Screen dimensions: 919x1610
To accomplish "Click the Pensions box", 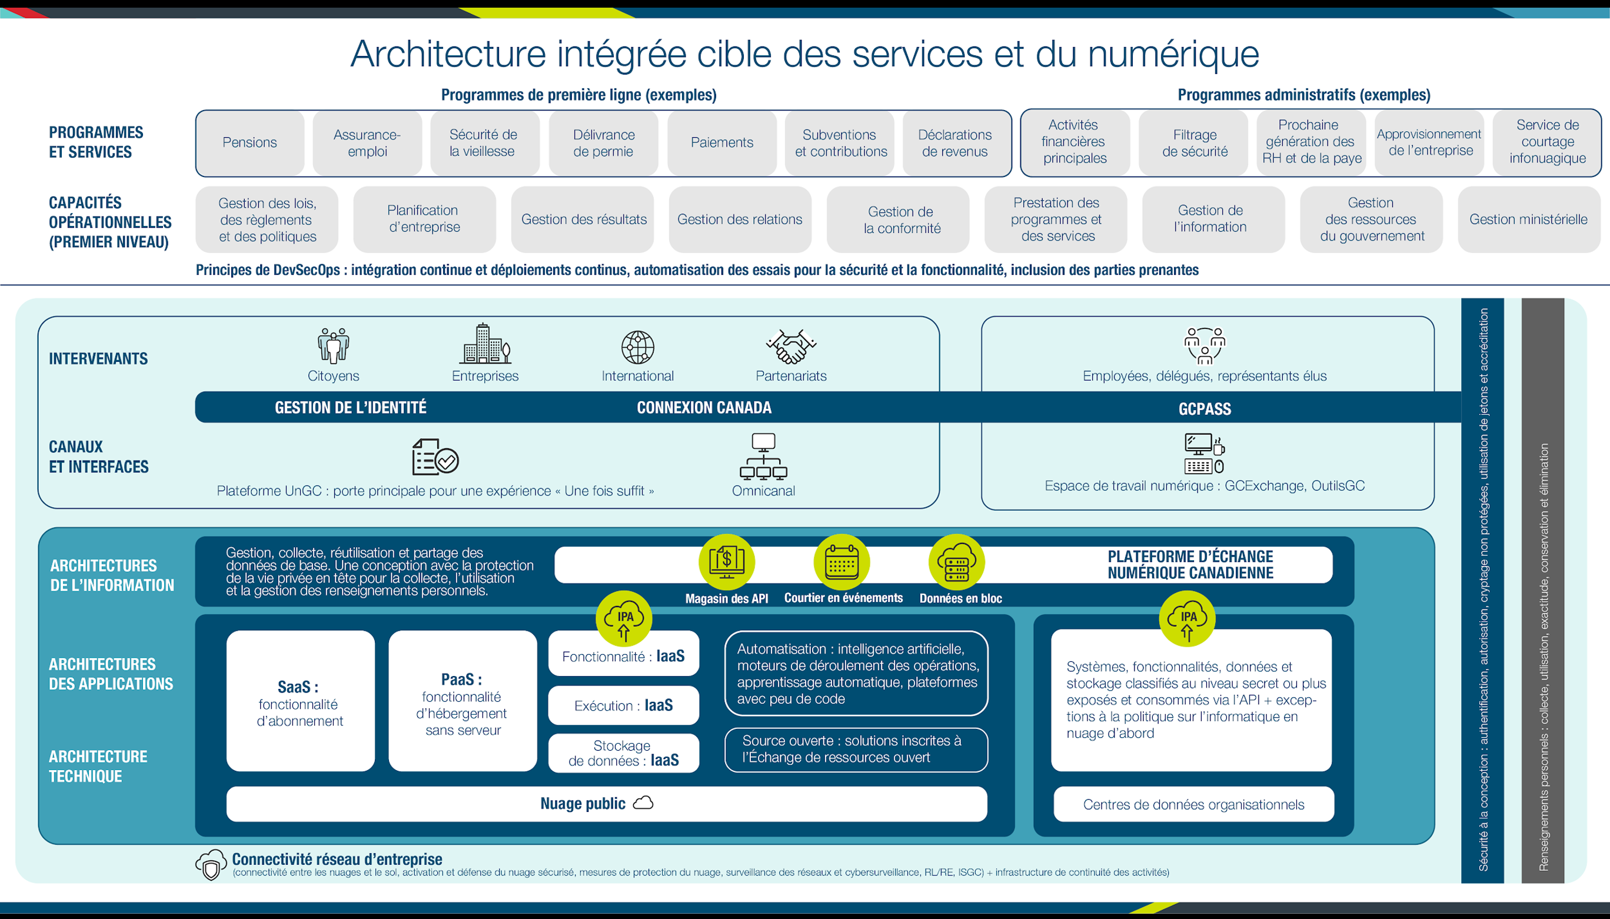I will [x=250, y=142].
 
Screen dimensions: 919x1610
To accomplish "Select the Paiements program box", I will [x=721, y=142].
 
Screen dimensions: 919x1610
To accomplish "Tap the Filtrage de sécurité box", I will [x=1194, y=142].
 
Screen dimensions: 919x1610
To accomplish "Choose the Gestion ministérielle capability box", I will [x=1528, y=219].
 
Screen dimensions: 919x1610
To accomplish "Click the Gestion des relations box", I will [x=740, y=219].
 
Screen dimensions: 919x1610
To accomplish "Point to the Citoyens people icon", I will [x=333, y=345].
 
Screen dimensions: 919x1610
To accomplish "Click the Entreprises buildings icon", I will [x=485, y=344].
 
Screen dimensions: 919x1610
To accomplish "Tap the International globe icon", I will [x=637, y=347].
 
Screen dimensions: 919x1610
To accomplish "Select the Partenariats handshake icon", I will [x=791, y=346].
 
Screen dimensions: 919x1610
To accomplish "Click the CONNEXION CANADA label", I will [x=704, y=408].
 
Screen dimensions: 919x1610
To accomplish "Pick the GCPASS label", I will [x=1204, y=409].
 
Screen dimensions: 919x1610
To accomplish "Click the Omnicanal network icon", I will [x=763, y=456].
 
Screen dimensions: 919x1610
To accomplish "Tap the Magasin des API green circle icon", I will [x=726, y=562].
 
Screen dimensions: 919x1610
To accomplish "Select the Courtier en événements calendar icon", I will [x=842, y=562].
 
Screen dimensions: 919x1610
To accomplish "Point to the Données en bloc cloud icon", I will [x=957, y=562].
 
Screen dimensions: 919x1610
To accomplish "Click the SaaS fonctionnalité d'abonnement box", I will [x=301, y=701].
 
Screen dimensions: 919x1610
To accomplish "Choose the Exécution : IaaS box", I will [x=624, y=705].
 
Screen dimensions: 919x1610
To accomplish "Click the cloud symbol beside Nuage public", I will [x=643, y=803].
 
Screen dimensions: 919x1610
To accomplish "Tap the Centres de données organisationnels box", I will [x=1193, y=804].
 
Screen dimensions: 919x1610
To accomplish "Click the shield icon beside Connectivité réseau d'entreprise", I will [x=211, y=865].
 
